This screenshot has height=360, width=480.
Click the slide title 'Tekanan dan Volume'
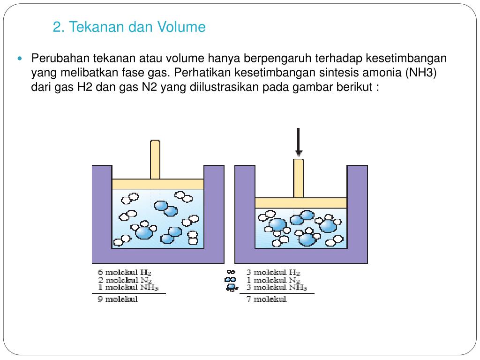point(137,27)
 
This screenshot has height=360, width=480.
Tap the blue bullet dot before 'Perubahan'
point(20,58)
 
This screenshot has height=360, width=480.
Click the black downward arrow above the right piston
point(299,142)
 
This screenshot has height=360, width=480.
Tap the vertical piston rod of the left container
point(155,159)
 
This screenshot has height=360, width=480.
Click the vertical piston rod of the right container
point(299,178)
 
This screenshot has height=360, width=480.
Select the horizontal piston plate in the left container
point(158,184)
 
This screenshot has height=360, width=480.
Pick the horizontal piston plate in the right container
point(301,203)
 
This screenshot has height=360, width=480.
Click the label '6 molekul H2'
point(125,272)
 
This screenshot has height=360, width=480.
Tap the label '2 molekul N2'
point(125,280)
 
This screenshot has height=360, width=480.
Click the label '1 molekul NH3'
point(128,287)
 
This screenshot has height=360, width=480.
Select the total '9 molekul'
point(118,299)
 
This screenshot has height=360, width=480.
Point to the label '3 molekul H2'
point(273,272)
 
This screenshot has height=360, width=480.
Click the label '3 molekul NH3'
point(277,287)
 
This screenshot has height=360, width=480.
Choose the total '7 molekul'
point(267,299)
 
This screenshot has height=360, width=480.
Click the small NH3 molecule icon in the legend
point(232,287)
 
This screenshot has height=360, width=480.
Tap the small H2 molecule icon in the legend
point(231,272)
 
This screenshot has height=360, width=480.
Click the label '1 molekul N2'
point(273,280)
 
